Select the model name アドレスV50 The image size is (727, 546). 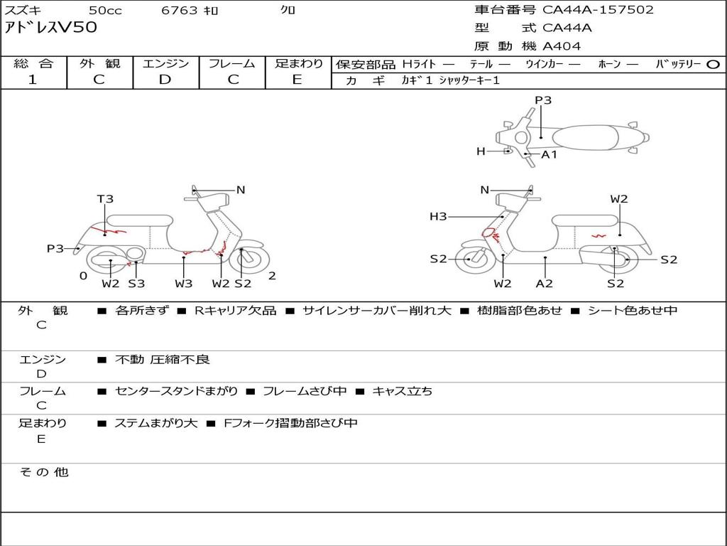click(51, 28)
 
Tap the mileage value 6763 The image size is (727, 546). click(180, 10)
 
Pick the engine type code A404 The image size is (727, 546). click(562, 46)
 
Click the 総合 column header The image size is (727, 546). click(33, 63)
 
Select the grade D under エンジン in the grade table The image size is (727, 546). click(165, 80)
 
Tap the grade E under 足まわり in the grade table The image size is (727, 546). click(297, 80)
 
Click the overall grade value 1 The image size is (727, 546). click(33, 80)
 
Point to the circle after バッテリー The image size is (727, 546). click(714, 64)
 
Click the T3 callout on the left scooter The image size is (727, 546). click(105, 199)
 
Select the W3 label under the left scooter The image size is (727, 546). click(184, 284)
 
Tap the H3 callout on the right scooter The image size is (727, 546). click(438, 216)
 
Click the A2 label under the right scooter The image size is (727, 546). click(545, 284)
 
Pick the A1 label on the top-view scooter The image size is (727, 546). click(550, 154)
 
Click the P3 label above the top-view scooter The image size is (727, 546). click(543, 100)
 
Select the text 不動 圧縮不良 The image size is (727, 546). click(163, 360)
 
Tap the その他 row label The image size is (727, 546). click(44, 472)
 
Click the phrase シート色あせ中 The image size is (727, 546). click(633, 311)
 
